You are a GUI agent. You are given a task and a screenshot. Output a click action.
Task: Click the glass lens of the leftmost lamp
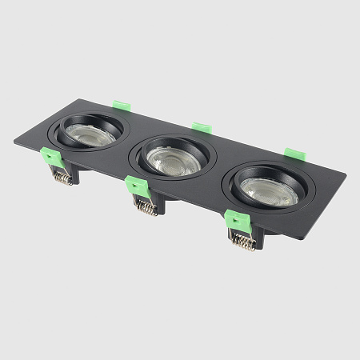(89, 132)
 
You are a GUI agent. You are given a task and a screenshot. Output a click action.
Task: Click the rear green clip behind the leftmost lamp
(122, 105)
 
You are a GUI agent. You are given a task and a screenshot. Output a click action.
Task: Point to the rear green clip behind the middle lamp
(202, 127)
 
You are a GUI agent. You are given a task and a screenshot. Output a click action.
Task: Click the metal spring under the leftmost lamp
(62, 178)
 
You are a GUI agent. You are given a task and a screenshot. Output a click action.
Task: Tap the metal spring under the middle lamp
(145, 206)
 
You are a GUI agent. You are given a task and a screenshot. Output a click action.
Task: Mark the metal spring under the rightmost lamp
(243, 241)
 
